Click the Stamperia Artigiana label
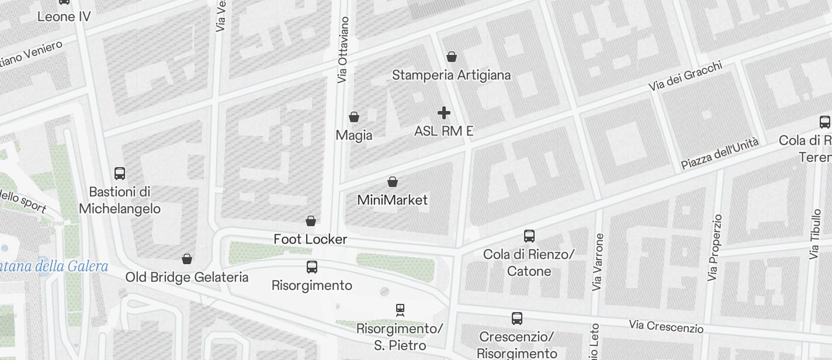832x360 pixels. [451, 75]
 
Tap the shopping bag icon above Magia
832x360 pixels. [353, 117]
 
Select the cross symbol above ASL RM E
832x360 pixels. [444, 113]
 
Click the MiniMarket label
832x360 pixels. [392, 200]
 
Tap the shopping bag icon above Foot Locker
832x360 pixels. [311, 221]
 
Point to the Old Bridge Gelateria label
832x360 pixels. [187, 277]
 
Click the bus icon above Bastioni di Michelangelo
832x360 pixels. [120, 174]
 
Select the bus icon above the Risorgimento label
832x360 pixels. [312, 267]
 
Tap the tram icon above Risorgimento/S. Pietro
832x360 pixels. [400, 309]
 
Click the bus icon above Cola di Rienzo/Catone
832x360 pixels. [529, 236]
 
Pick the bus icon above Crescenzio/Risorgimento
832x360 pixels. [517, 319]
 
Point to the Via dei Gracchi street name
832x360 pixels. [685, 76]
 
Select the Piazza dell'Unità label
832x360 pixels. [720, 153]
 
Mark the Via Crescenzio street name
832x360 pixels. [666, 326]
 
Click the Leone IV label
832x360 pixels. [64, 16]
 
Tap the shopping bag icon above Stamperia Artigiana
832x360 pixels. [451, 57]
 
